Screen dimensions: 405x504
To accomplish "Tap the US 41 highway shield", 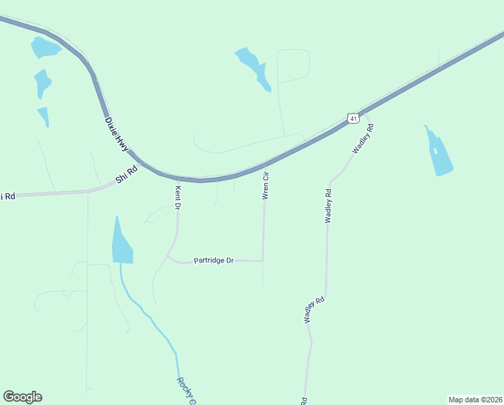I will click(x=353, y=118).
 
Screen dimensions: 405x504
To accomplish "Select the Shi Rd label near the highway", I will click(x=126, y=175).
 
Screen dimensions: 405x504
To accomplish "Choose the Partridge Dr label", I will click(x=214, y=260).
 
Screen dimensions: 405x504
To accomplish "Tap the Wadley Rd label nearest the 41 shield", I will click(x=362, y=138).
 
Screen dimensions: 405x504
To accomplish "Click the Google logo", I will click(x=22, y=397).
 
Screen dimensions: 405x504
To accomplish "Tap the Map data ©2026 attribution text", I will click(x=475, y=400).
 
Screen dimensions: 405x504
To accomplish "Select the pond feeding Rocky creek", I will click(x=122, y=244).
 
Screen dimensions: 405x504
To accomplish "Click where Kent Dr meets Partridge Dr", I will click(x=168, y=256).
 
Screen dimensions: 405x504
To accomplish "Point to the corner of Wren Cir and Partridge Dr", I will click(x=262, y=260).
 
